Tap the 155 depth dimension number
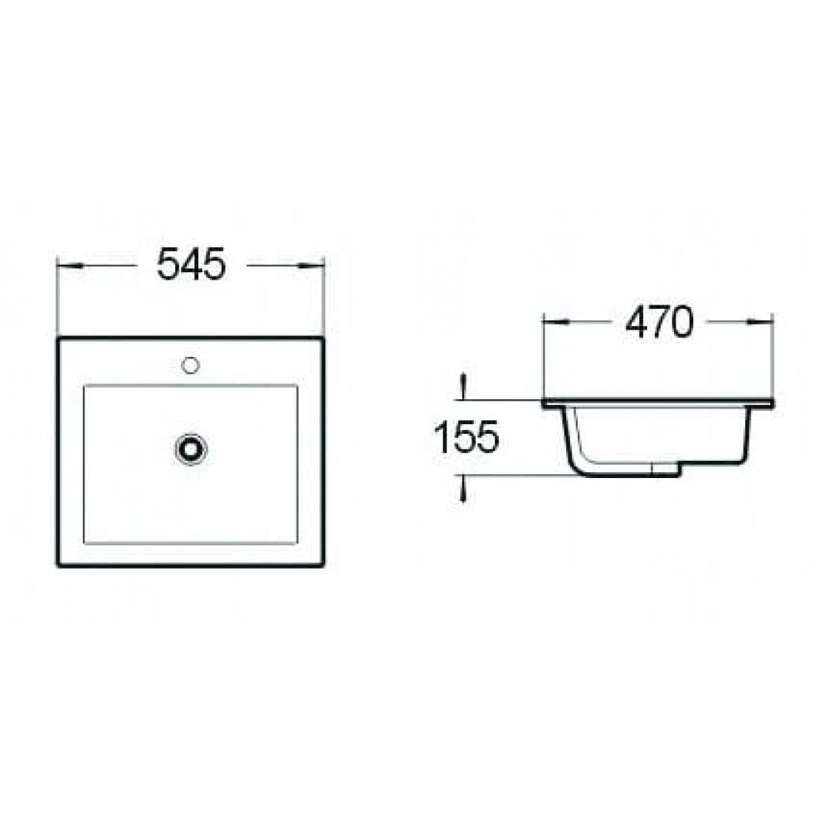[x=466, y=437]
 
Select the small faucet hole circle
[x=190, y=364]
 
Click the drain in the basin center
[x=191, y=448]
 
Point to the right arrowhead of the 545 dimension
[x=310, y=265]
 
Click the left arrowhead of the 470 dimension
[x=556, y=321]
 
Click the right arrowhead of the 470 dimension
[x=760, y=321]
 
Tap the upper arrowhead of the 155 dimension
[x=464, y=386]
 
